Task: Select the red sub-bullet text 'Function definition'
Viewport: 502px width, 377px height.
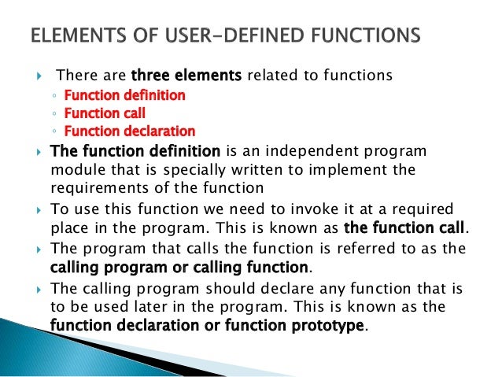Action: pyautogui.click(x=124, y=96)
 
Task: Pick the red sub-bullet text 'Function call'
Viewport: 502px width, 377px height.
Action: pyautogui.click(x=105, y=113)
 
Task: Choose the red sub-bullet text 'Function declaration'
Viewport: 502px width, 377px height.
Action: pyautogui.click(x=129, y=131)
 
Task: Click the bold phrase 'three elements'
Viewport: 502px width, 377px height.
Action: pyautogui.click(x=187, y=76)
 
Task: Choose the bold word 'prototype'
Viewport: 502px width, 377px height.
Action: pyautogui.click(x=321, y=325)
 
